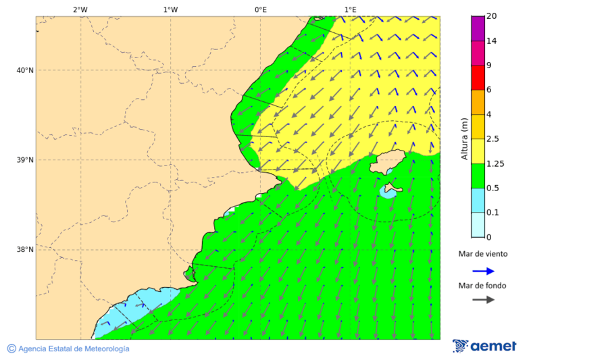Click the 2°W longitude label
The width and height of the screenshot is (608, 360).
80,9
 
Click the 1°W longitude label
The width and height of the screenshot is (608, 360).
170,9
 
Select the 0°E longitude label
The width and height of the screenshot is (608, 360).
260,9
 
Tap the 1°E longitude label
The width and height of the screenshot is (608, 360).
350,9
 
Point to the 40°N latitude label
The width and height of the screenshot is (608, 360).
25,70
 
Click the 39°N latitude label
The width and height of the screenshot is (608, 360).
25,160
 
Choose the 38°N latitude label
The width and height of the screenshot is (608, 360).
25,250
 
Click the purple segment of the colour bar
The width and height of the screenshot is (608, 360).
478,28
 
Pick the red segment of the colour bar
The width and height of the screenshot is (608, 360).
478,77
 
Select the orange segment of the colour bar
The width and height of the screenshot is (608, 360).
478,102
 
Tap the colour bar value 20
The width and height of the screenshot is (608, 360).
492,16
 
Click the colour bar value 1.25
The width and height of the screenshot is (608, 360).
496,163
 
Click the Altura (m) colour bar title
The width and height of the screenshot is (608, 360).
464,138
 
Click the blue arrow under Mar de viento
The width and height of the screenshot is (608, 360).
483,271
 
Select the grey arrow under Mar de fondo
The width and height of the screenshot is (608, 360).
483,300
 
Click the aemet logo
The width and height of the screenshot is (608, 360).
484,346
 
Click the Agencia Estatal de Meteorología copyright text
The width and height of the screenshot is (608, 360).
68,349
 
